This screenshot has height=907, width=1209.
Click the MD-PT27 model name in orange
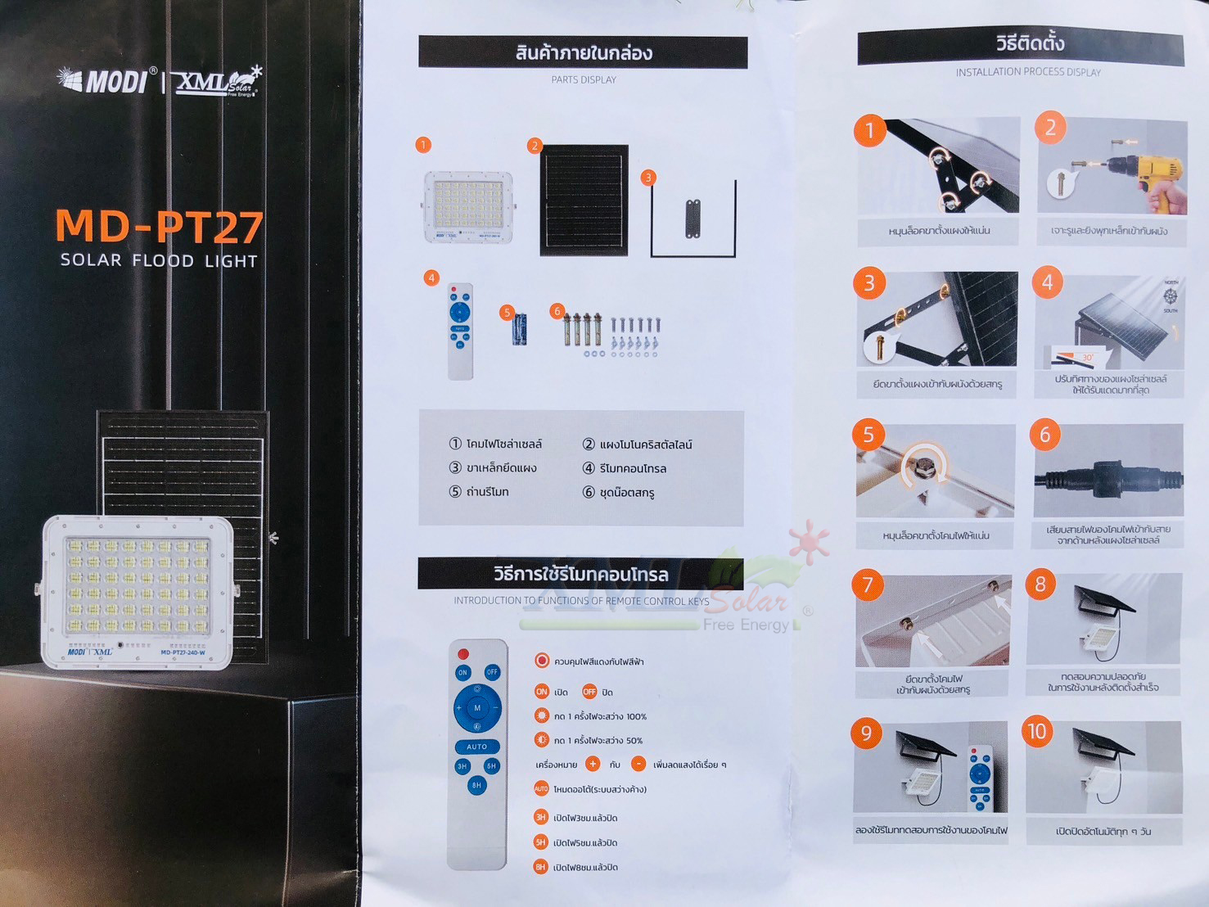160,227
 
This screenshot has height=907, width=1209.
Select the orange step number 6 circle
1044,435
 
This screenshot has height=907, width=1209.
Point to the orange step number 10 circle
1037,731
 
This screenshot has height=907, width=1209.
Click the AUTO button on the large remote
476,747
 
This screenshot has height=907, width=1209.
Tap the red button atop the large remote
463,654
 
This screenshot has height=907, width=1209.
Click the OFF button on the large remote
491,672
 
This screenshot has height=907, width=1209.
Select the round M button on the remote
477,708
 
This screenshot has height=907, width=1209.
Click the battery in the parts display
519,329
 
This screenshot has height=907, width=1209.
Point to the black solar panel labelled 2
584,201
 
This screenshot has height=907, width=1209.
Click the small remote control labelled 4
460,331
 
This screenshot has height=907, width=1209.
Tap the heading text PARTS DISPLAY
584,80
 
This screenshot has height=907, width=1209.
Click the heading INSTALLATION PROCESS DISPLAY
1028,72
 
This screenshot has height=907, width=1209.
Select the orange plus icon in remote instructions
593,765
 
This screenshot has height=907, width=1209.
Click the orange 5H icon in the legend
540,842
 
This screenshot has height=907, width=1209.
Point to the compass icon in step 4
1171,296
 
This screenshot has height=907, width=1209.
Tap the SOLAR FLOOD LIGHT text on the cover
159,261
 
